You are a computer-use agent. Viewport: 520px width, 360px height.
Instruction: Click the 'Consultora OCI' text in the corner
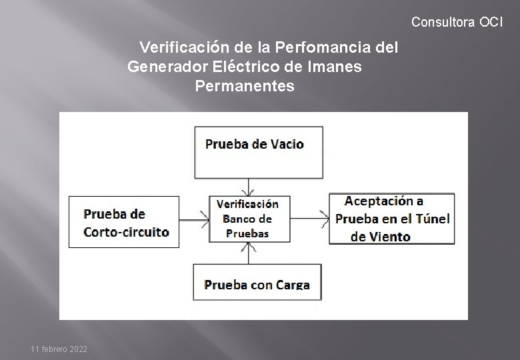(457, 22)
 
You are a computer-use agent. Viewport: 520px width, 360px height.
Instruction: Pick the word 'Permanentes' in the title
(245, 86)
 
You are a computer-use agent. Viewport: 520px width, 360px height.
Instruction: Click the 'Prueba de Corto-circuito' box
(125, 222)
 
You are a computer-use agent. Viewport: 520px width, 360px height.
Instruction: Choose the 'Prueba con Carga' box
(257, 283)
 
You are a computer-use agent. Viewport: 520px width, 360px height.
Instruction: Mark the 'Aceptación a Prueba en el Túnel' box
(391, 218)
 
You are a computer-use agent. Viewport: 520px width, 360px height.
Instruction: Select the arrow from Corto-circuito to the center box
(194, 217)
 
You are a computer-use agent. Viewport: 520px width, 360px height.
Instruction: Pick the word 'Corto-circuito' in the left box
(126, 232)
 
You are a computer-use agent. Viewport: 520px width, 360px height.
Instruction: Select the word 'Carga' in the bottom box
(292, 285)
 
